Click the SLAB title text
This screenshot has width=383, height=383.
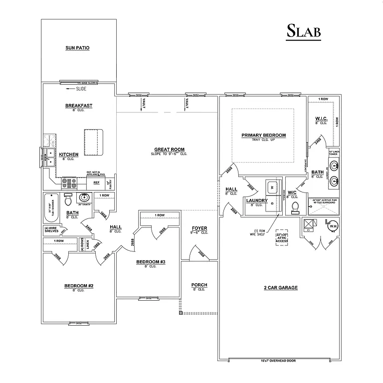(303, 31)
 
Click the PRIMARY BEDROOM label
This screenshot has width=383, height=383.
(263, 135)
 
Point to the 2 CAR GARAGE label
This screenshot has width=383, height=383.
(281, 288)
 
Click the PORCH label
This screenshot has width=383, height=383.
(199, 285)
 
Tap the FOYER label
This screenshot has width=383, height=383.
(199, 228)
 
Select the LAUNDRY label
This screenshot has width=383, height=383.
(257, 200)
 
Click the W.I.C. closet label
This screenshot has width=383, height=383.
(321, 118)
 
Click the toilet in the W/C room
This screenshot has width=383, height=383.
(295, 206)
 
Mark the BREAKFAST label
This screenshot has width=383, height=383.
(79, 106)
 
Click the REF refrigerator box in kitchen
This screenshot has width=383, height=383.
(96, 183)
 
